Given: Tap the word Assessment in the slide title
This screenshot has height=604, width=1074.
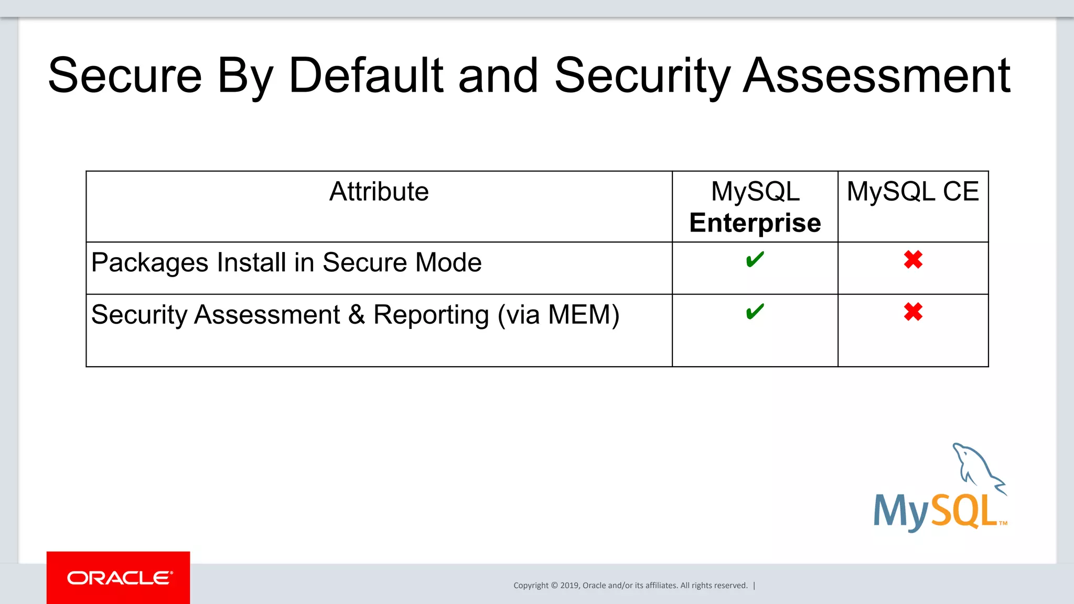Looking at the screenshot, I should (876, 76).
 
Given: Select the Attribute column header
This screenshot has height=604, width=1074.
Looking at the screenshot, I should (379, 192).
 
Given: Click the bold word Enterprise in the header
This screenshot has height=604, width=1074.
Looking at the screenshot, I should (755, 223).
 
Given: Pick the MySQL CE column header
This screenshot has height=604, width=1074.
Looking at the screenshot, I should (912, 192).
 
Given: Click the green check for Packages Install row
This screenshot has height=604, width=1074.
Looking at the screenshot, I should (755, 260).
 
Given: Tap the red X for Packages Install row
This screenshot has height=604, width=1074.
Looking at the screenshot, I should (913, 260).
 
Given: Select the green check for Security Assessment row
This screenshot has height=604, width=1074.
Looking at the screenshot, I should (755, 312).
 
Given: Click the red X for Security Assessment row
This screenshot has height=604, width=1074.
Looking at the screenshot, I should (913, 312).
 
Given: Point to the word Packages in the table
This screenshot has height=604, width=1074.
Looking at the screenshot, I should (149, 263).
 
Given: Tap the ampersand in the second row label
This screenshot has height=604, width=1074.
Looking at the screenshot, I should (357, 315).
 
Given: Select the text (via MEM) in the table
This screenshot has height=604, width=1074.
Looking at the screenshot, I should (558, 315).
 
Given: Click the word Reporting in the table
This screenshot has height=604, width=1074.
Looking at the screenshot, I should (431, 315).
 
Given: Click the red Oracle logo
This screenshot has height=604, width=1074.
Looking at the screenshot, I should (119, 578).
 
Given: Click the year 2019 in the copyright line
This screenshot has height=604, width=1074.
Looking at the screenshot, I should (570, 586).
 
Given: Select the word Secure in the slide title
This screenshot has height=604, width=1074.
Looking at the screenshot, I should (125, 76).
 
